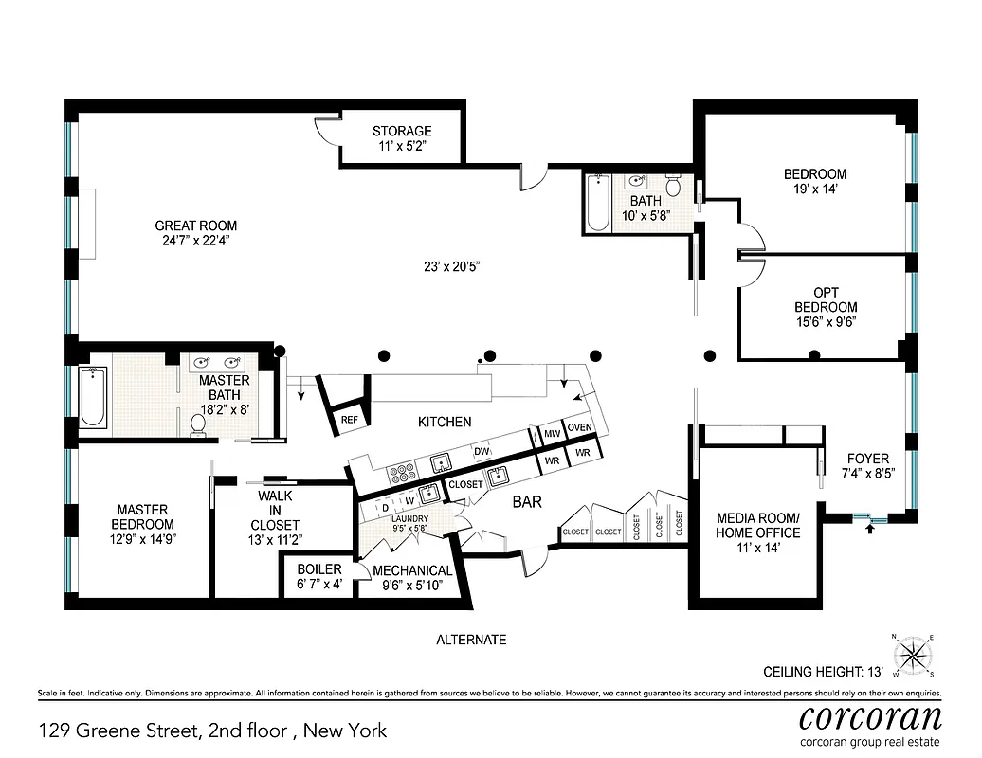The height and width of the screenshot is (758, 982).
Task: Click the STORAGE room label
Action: tap(402, 132)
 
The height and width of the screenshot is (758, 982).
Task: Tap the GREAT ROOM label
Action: tap(196, 226)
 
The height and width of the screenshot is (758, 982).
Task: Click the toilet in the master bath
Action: tap(198, 429)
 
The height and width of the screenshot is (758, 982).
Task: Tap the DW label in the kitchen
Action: tap(482, 451)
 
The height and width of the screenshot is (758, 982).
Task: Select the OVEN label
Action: tap(580, 428)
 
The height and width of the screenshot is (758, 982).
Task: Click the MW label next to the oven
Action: tap(551, 434)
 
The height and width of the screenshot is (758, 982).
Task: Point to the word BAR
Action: tap(527, 501)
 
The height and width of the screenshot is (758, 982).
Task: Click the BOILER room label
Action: tap(318, 569)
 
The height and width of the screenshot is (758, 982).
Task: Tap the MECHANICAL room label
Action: tap(412, 570)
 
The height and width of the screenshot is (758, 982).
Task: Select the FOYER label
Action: tap(867, 459)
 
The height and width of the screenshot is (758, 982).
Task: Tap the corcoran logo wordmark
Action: tap(870, 716)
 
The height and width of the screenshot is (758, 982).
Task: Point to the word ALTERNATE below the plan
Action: tap(471, 640)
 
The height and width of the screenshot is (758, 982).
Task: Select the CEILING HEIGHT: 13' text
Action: tap(823, 672)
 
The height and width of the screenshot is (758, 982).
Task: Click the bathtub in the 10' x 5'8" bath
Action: tap(597, 203)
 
